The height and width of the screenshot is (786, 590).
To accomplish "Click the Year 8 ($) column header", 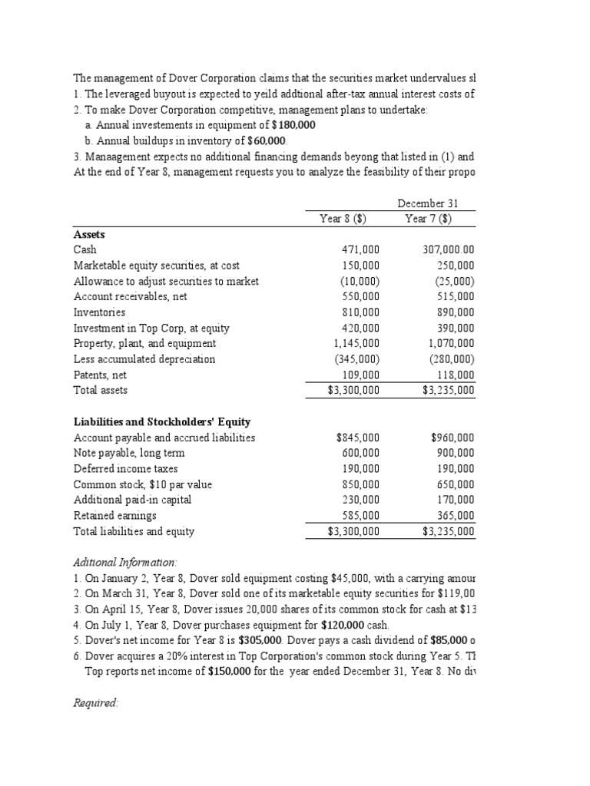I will [x=343, y=219].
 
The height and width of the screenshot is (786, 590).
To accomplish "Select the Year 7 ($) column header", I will [x=428, y=219].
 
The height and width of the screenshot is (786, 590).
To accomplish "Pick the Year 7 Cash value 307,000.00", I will [x=449, y=250].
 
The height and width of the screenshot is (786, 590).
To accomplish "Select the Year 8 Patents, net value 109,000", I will [x=360, y=375].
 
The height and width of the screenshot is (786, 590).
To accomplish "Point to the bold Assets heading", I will [x=89, y=234].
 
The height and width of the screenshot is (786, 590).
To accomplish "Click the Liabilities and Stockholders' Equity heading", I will [x=161, y=422].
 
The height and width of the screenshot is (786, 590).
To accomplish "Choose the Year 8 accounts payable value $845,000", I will [x=358, y=438].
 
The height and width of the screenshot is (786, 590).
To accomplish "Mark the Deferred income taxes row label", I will [x=125, y=469].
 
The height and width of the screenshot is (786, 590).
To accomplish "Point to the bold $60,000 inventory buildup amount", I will [x=266, y=140].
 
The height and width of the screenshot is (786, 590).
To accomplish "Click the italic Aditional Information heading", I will [x=124, y=563].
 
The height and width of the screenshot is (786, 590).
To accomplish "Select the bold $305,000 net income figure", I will [x=266, y=640].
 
